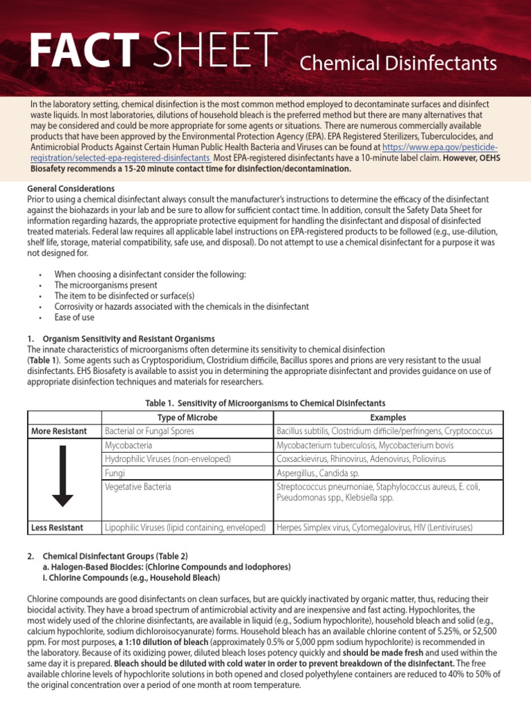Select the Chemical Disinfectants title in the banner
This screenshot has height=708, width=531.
[x=398, y=64]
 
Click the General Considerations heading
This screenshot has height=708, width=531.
[x=71, y=189]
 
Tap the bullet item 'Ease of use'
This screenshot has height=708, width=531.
[x=74, y=317]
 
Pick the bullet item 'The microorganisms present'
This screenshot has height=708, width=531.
[x=106, y=285]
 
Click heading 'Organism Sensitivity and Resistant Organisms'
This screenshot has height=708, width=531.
[x=129, y=339]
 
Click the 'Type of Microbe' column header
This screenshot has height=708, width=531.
[x=187, y=418]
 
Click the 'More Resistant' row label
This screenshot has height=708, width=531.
[x=59, y=431]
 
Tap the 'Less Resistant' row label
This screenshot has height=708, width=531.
[x=57, y=528]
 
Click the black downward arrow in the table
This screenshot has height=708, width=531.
[x=63, y=476]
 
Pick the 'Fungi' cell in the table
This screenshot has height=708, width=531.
[x=115, y=473]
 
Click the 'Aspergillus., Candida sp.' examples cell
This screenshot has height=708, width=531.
[x=322, y=473]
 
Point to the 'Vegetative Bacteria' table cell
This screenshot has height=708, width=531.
[x=138, y=487]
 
